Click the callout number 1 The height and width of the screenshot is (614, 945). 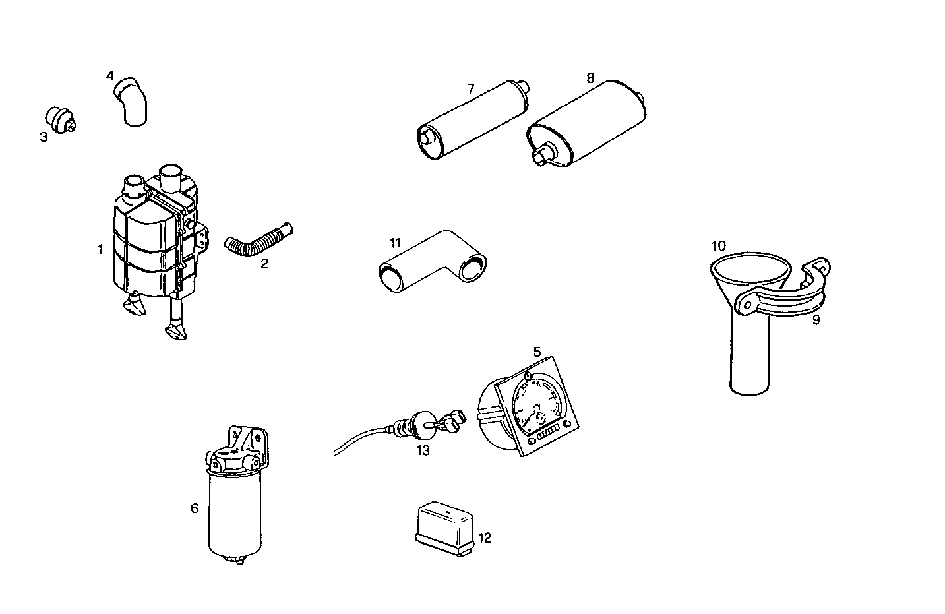[100, 249]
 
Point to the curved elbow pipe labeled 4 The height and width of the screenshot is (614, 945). [131, 100]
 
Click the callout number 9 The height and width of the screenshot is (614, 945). [816, 321]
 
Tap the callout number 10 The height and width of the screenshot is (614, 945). [718, 246]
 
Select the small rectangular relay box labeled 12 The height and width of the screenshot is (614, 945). [445, 525]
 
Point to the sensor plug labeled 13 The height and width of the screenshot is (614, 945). [422, 423]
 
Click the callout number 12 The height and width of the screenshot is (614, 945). [485, 538]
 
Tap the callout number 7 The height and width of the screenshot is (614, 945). [471, 88]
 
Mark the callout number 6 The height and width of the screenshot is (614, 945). [195, 508]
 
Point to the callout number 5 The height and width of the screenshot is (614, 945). [537, 352]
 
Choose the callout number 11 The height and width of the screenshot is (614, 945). [395, 243]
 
